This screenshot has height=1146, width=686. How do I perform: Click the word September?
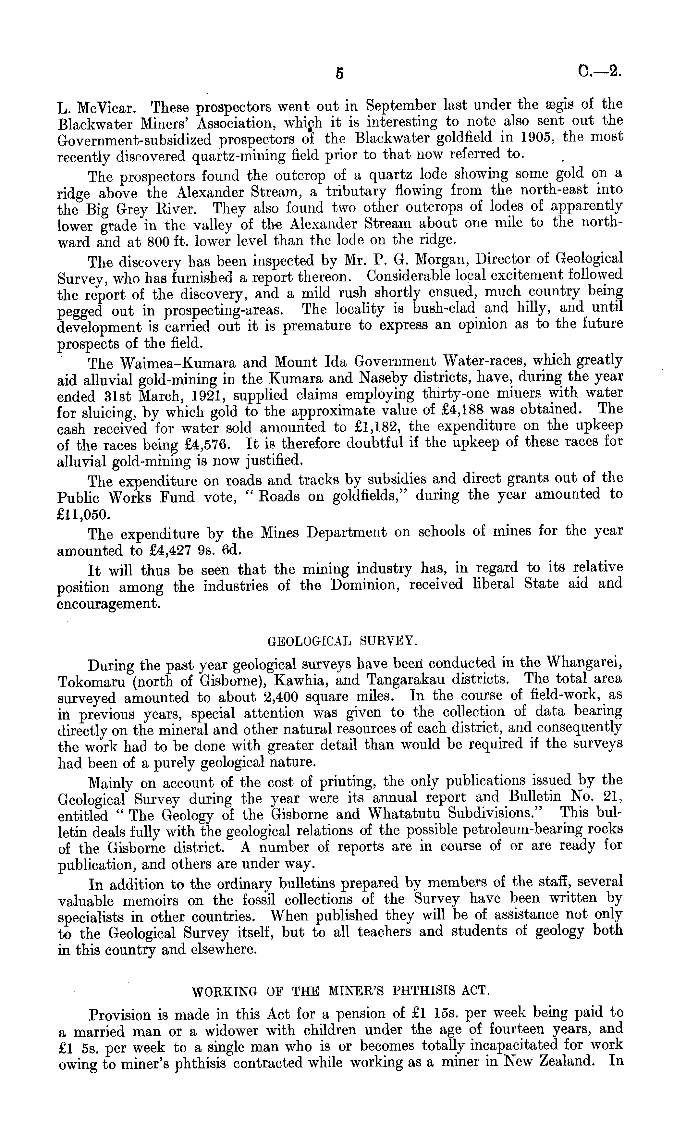[401, 106]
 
